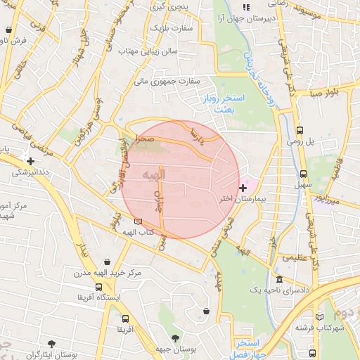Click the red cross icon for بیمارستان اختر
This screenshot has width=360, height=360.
pyautogui.click(x=243, y=188)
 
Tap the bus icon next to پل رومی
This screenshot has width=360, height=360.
pyautogui.click(x=300, y=130)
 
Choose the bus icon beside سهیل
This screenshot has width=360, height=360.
pyautogui.click(x=304, y=172)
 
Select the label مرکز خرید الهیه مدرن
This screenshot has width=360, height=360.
pyautogui.click(x=107, y=272)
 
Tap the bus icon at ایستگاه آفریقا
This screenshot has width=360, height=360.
pyautogui.click(x=98, y=287)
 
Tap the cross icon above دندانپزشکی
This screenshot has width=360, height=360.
pyautogui.click(x=30, y=160)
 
